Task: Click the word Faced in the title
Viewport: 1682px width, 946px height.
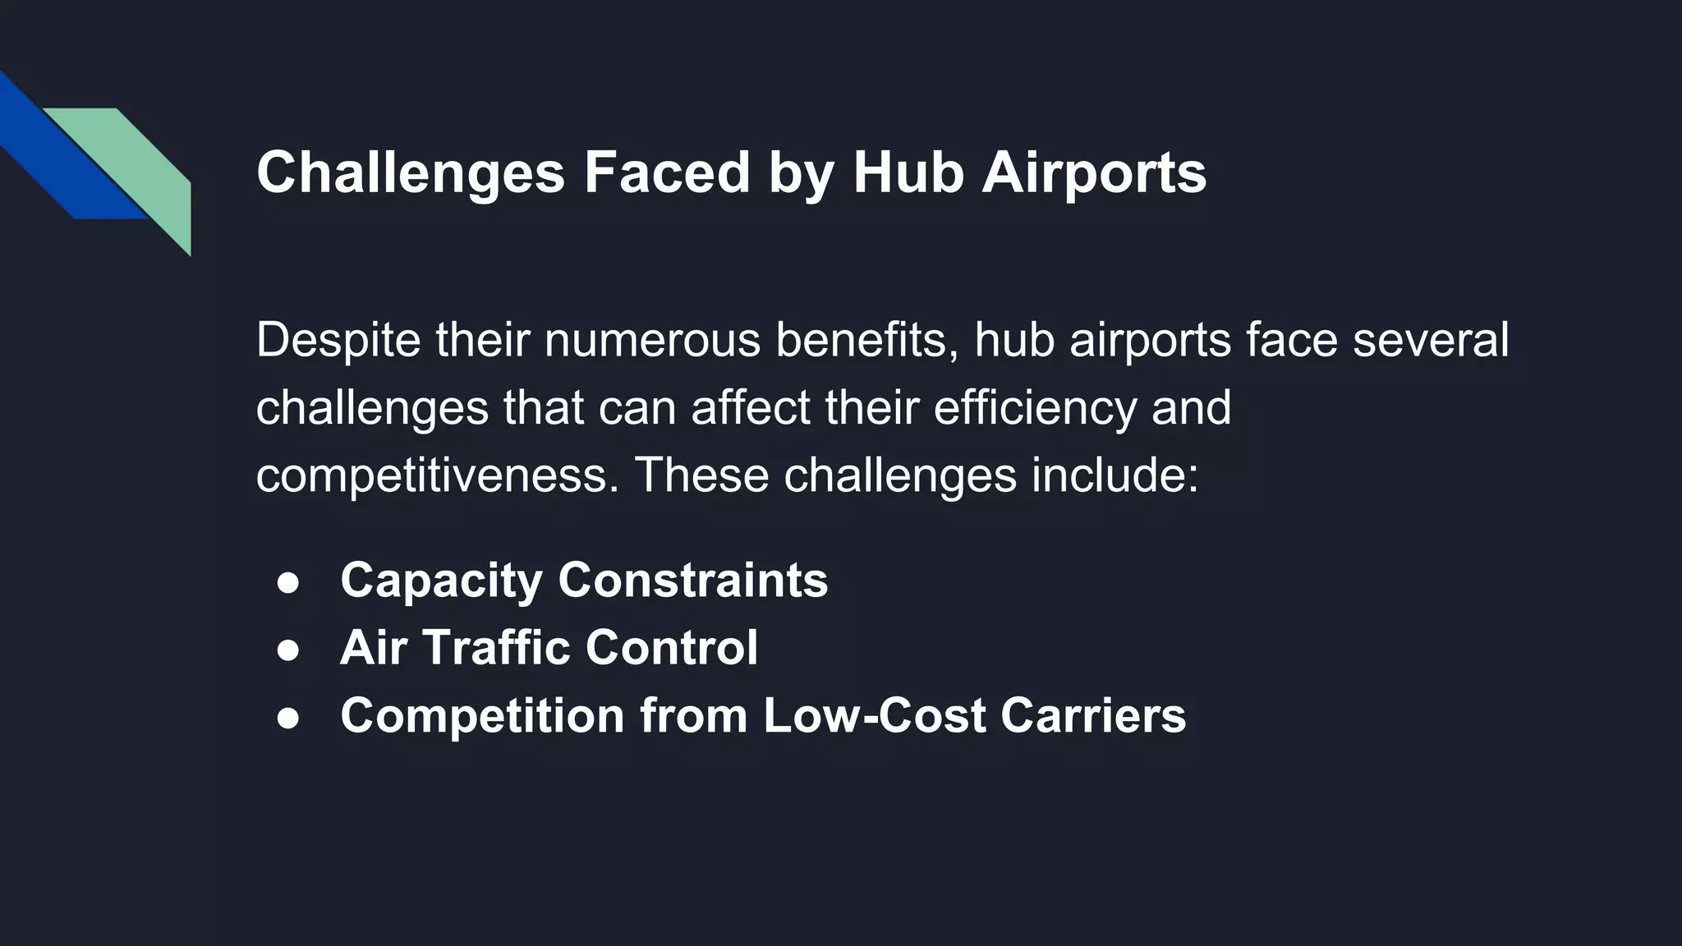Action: point(666,172)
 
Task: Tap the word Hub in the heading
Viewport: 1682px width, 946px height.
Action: point(908,172)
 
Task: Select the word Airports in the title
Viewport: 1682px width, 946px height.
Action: point(1094,172)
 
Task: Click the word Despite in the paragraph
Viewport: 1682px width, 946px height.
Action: point(338,340)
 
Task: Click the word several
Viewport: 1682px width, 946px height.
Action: point(1430,340)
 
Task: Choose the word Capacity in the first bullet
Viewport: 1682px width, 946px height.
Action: point(441,581)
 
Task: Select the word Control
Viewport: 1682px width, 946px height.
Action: point(671,648)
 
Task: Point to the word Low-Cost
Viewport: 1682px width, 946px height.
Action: point(874,715)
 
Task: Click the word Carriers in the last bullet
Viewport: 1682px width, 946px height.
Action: point(1092,715)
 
